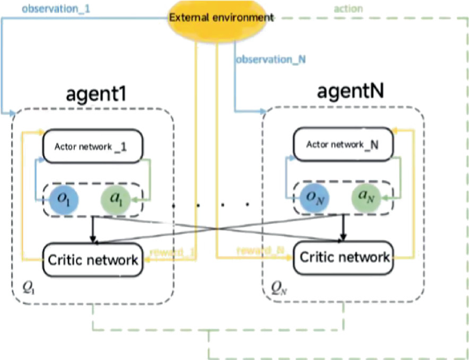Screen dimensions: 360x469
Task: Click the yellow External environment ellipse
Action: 220,16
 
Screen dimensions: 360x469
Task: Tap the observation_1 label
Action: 38,8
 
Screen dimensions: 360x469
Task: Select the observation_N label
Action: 270,60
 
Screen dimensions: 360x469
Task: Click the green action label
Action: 348,9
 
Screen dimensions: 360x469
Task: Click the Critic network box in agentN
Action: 342,257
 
